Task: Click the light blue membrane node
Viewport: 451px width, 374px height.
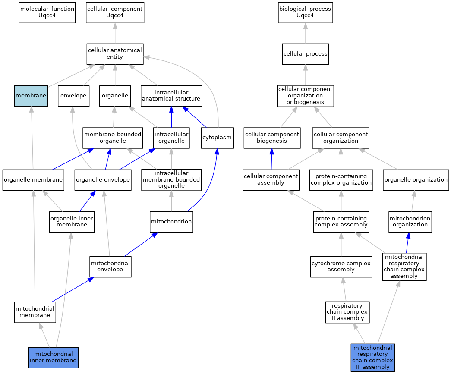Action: point(31,96)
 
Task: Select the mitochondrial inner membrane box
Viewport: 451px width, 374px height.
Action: point(53,357)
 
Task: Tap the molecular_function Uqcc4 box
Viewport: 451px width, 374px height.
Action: point(47,13)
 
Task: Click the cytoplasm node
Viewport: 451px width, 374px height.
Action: point(217,138)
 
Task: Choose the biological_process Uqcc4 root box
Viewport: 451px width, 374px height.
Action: point(306,13)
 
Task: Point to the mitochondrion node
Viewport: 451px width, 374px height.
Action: point(171,222)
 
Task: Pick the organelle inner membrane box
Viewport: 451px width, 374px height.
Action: point(72,222)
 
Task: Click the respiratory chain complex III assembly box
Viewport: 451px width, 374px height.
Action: point(347,312)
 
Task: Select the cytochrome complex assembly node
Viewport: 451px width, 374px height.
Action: point(341,267)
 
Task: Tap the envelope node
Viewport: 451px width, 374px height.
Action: point(74,96)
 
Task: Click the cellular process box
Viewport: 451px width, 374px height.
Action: point(306,54)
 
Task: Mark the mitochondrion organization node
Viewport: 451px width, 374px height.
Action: point(410,222)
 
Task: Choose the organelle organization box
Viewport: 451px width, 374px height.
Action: point(416,180)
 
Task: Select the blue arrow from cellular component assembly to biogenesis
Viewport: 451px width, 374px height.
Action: point(271,159)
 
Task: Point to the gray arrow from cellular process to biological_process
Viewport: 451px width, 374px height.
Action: point(306,33)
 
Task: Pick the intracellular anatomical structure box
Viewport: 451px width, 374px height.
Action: point(171,96)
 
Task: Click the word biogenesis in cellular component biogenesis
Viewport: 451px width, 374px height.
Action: point(272,141)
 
